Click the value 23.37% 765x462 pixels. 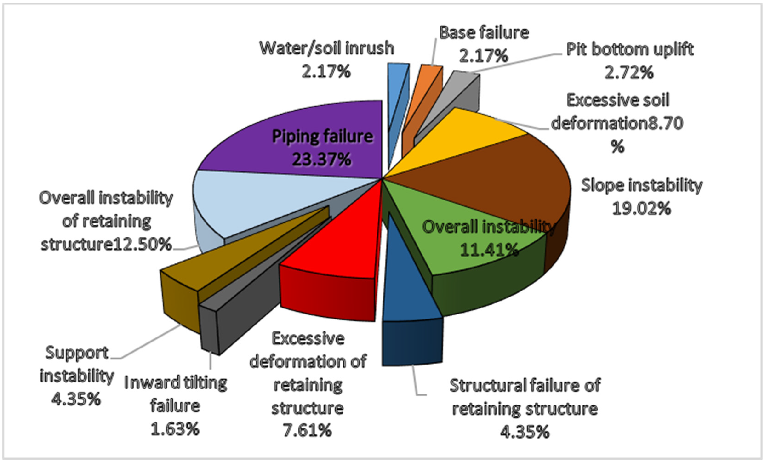point(322,159)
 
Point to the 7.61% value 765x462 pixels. point(307,430)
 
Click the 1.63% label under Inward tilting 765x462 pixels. point(175,429)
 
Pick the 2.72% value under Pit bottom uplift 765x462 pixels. point(629,73)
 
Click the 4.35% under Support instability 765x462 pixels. point(76,399)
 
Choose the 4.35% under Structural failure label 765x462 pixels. point(525,432)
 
